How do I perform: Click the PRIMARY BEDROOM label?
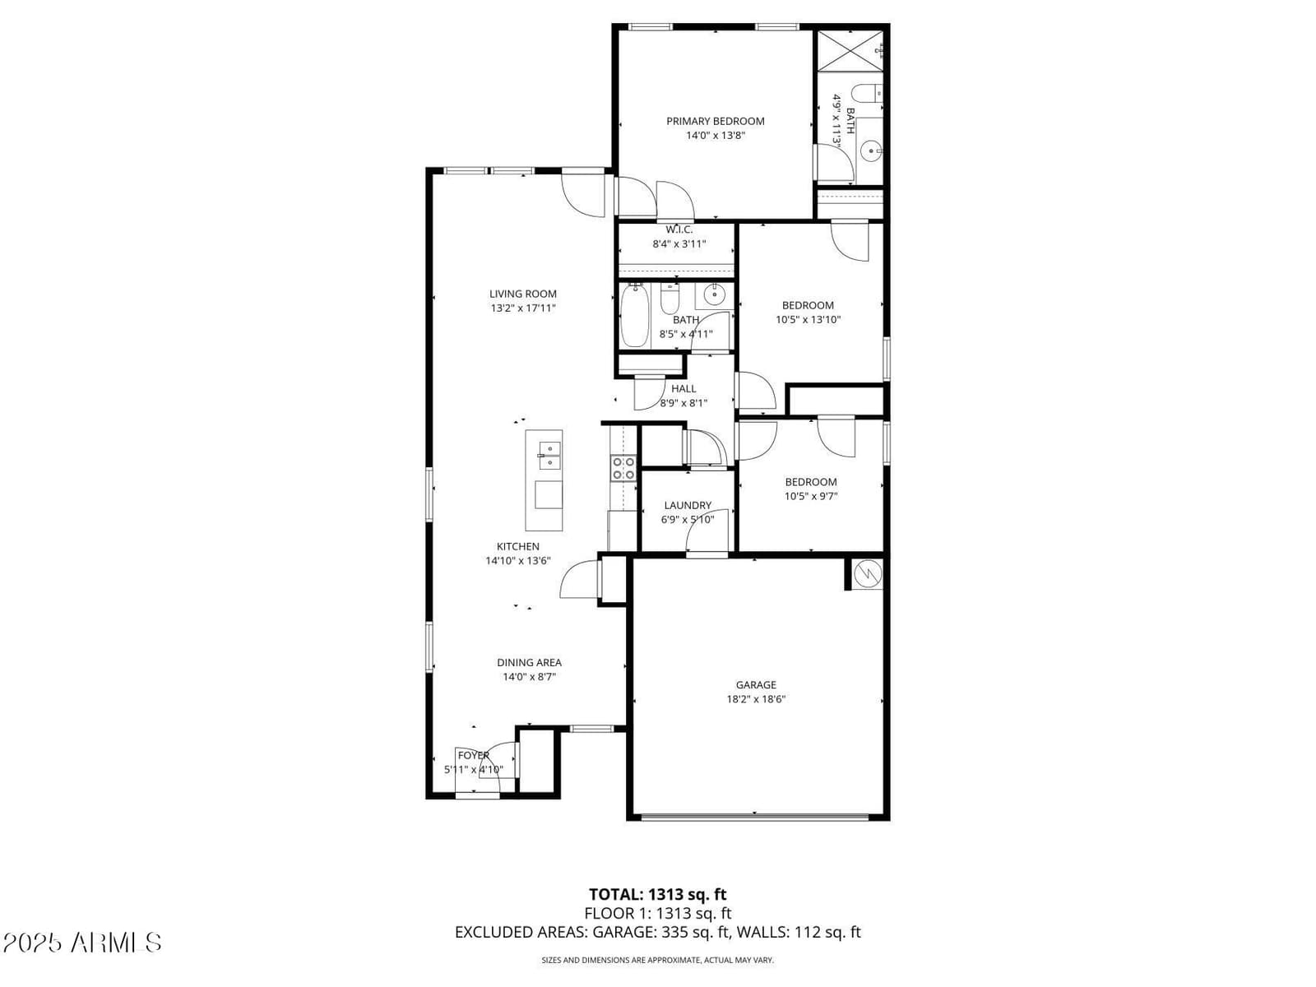(716, 121)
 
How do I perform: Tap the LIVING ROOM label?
(523, 294)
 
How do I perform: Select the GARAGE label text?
(756, 684)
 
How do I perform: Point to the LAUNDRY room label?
(688, 505)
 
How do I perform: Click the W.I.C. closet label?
(679, 229)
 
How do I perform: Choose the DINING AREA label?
(530, 662)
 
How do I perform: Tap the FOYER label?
(474, 755)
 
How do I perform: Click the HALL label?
(683, 388)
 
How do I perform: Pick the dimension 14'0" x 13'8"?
(716, 136)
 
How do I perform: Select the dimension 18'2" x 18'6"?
(756, 699)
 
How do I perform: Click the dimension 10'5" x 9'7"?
(811, 496)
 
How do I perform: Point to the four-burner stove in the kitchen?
(623, 468)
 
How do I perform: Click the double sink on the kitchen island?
(549, 456)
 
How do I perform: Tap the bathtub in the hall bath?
(634, 315)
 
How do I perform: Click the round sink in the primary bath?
(871, 151)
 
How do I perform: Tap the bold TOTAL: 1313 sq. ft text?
(658, 894)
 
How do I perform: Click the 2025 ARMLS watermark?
(82, 943)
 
